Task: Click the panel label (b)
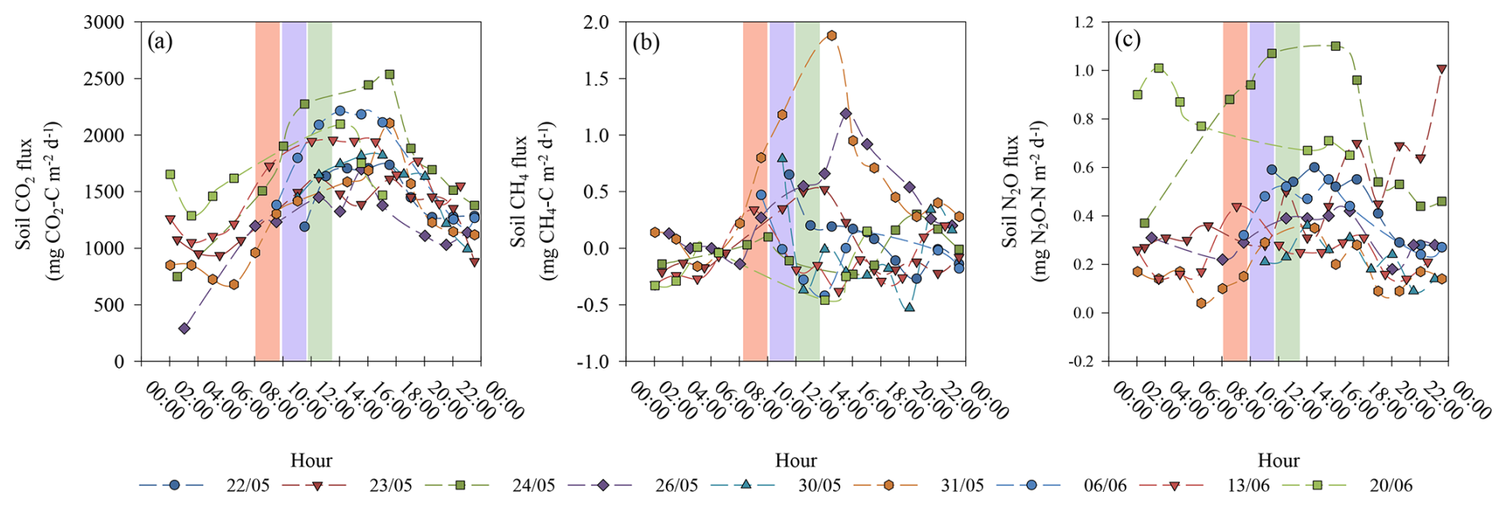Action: [x=646, y=41]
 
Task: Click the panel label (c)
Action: [x=1127, y=40]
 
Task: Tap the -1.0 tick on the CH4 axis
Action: [x=593, y=361]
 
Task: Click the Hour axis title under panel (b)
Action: [x=796, y=460]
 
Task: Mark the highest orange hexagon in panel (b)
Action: [x=832, y=36]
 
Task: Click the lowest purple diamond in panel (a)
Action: [x=185, y=328]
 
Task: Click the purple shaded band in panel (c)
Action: [x=1262, y=191]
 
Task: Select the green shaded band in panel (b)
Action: [x=807, y=191]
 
